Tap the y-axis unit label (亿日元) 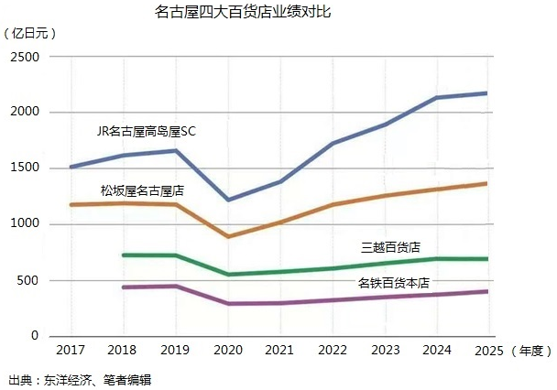pyautogui.click(x=30, y=34)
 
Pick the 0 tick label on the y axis pyautogui.click(x=36, y=336)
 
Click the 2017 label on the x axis pyautogui.click(x=71, y=351)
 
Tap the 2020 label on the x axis pyautogui.click(x=227, y=351)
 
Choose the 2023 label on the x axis pyautogui.click(x=384, y=351)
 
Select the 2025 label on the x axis pyautogui.click(x=488, y=351)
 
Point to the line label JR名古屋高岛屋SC pyautogui.click(x=147, y=132)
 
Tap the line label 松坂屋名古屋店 pyautogui.click(x=142, y=191)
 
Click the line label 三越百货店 pyautogui.click(x=390, y=247)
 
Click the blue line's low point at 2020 pyautogui.click(x=228, y=200)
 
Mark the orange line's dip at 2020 pyautogui.click(x=228, y=236)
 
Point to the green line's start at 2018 pyautogui.click(x=124, y=255)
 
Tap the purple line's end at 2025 pyautogui.click(x=486, y=291)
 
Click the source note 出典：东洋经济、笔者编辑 pyautogui.click(x=80, y=379)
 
